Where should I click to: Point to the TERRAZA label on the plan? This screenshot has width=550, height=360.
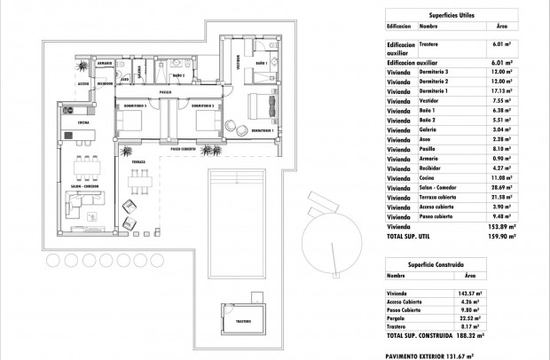(138, 163)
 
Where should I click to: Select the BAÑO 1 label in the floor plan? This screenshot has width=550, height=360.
(262, 65)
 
